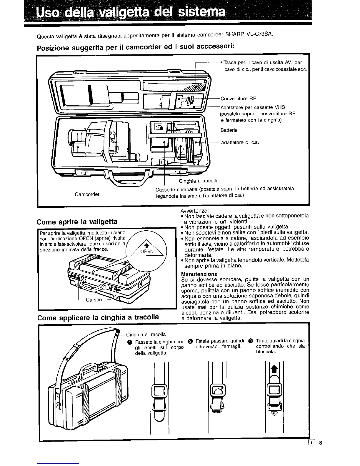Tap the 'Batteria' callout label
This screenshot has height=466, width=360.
(x=229, y=130)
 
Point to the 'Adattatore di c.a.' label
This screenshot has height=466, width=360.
(x=240, y=142)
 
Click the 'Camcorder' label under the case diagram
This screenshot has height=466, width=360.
(x=87, y=194)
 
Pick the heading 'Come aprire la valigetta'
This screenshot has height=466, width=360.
(x=77, y=222)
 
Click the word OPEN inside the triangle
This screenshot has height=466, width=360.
(x=147, y=251)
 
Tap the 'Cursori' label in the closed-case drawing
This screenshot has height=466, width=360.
(x=94, y=299)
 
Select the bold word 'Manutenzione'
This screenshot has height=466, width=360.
(x=199, y=274)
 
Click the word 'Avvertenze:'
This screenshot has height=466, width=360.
(x=194, y=211)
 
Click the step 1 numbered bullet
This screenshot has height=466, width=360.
(x=129, y=342)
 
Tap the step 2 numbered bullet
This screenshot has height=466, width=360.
(x=190, y=341)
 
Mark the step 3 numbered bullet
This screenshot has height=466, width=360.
(x=250, y=341)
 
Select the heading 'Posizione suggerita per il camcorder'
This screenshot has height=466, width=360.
(x=135, y=47)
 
